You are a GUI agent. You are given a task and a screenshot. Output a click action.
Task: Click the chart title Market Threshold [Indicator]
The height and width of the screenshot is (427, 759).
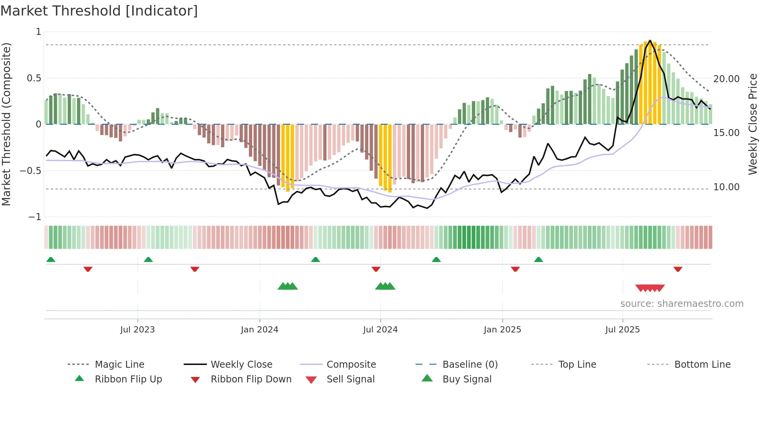pyautogui.click(x=99, y=11)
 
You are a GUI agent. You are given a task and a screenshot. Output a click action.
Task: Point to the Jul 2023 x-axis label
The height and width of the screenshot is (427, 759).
pyautogui.click(x=137, y=330)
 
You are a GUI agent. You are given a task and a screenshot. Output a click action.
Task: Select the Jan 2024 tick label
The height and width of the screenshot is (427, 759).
pyautogui.click(x=259, y=330)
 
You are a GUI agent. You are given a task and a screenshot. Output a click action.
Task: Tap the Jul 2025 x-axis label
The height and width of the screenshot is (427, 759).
pyautogui.click(x=622, y=330)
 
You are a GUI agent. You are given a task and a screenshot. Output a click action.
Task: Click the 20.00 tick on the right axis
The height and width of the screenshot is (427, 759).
pyautogui.click(x=726, y=79)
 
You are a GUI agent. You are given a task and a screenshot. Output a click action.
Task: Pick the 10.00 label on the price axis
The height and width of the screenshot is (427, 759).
pyautogui.click(x=726, y=187)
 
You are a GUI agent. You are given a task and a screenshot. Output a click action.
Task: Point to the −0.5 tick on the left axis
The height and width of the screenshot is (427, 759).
pyautogui.click(x=31, y=171)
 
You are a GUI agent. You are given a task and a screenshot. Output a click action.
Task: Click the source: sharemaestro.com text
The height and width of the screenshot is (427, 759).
pyautogui.click(x=682, y=304)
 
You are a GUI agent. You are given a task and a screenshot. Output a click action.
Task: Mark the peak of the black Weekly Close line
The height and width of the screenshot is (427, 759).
pyautogui.click(x=650, y=40)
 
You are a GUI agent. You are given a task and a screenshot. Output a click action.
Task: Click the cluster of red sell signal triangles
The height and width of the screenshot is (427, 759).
pyautogui.click(x=650, y=288)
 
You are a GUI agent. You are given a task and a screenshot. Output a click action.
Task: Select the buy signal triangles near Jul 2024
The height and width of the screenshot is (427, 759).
pyautogui.click(x=385, y=286)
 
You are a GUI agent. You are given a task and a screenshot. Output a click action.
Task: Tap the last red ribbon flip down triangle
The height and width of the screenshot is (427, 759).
pyautogui.click(x=678, y=269)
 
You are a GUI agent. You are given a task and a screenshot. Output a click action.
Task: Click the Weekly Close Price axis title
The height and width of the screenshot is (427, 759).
pyautogui.click(x=752, y=124)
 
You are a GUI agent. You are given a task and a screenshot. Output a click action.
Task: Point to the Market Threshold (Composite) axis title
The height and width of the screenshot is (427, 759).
pyautogui.click(x=6, y=124)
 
